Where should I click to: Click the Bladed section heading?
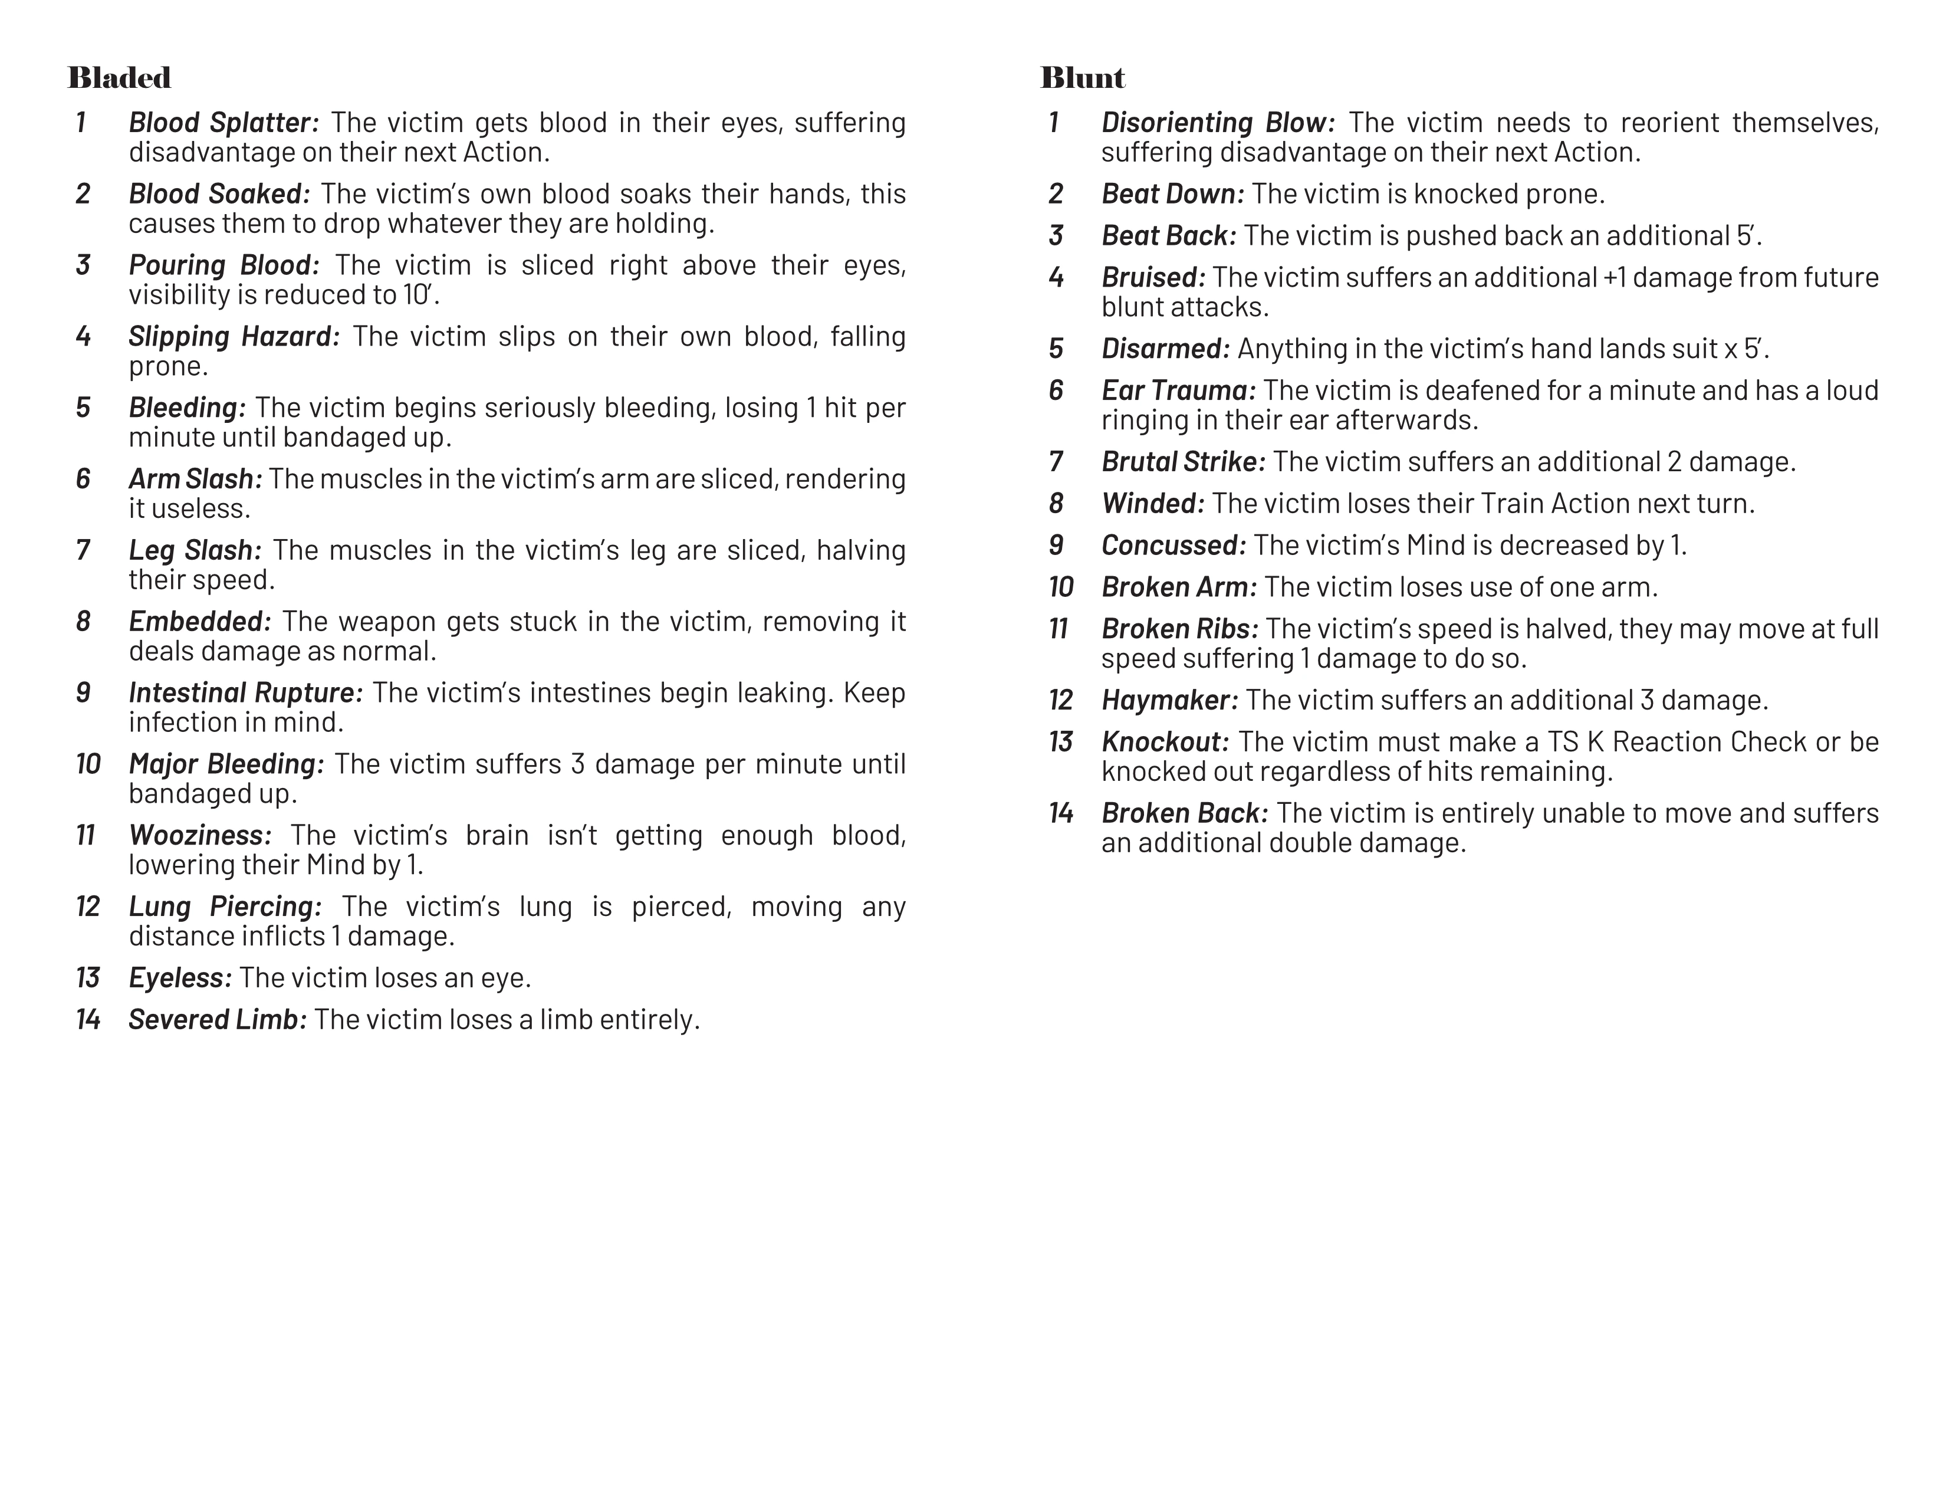[119, 78]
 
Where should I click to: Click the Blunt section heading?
[1083, 78]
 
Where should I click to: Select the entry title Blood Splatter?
[223, 122]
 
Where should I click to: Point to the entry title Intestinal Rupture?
[245, 692]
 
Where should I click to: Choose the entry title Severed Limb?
[218, 1019]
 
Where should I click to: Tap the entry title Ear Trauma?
[1178, 390]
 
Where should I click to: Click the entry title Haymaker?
[1169, 700]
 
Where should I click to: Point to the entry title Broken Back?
[1184, 813]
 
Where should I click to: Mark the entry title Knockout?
[1165, 741]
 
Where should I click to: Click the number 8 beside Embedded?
[83, 621]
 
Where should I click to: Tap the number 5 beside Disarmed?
[1056, 349]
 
